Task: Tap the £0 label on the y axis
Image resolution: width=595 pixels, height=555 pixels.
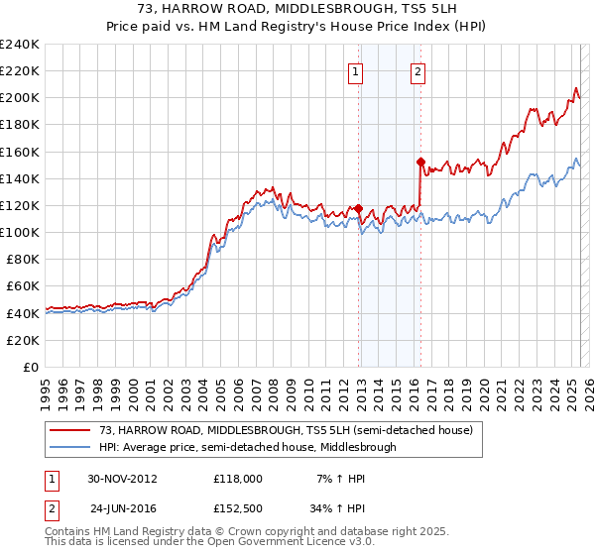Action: tap(31, 367)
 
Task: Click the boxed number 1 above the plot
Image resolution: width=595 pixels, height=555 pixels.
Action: tap(355, 71)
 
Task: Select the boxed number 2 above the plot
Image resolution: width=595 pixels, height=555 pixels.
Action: tap(418, 71)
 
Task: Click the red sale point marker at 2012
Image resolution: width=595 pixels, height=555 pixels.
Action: tap(358, 209)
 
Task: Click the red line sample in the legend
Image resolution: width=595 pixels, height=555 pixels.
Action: tap(70, 430)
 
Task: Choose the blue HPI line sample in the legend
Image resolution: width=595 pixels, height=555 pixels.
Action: tap(70, 447)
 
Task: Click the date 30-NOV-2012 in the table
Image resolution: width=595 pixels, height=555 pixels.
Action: tap(123, 479)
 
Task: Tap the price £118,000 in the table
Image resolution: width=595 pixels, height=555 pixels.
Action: tap(238, 479)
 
